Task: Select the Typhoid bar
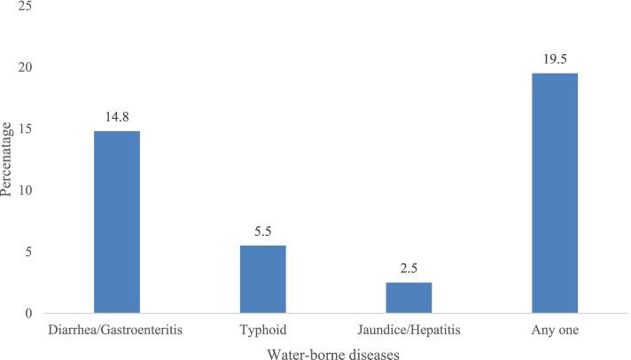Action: tap(264, 279)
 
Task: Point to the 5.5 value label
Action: tap(264, 231)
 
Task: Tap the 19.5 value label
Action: tap(556, 59)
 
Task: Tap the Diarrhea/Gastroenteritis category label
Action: tap(118, 330)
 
